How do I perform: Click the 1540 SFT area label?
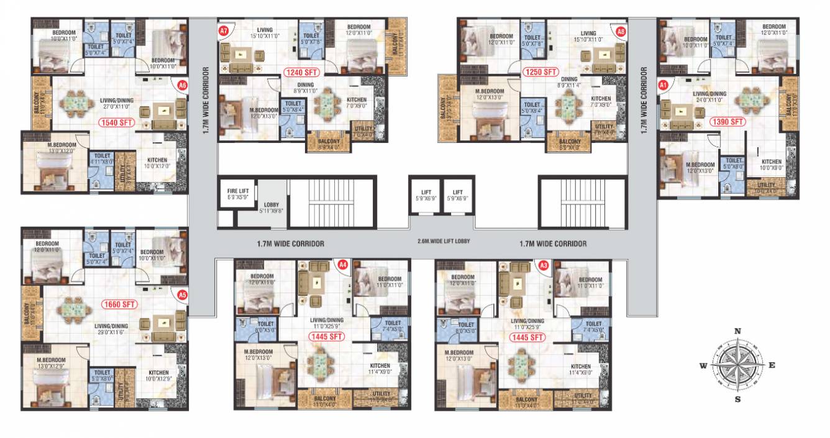point(117,123)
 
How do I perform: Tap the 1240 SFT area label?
point(301,72)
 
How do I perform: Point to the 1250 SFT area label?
point(540,72)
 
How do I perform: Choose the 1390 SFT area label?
point(727,122)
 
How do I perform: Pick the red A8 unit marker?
point(621,30)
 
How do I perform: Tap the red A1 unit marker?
point(663,84)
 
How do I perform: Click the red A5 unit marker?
point(182,295)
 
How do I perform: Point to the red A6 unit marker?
point(182,85)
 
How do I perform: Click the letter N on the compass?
point(737,331)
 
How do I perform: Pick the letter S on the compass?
point(737,399)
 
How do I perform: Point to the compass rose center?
point(737,365)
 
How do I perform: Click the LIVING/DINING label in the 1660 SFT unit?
point(111,326)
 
